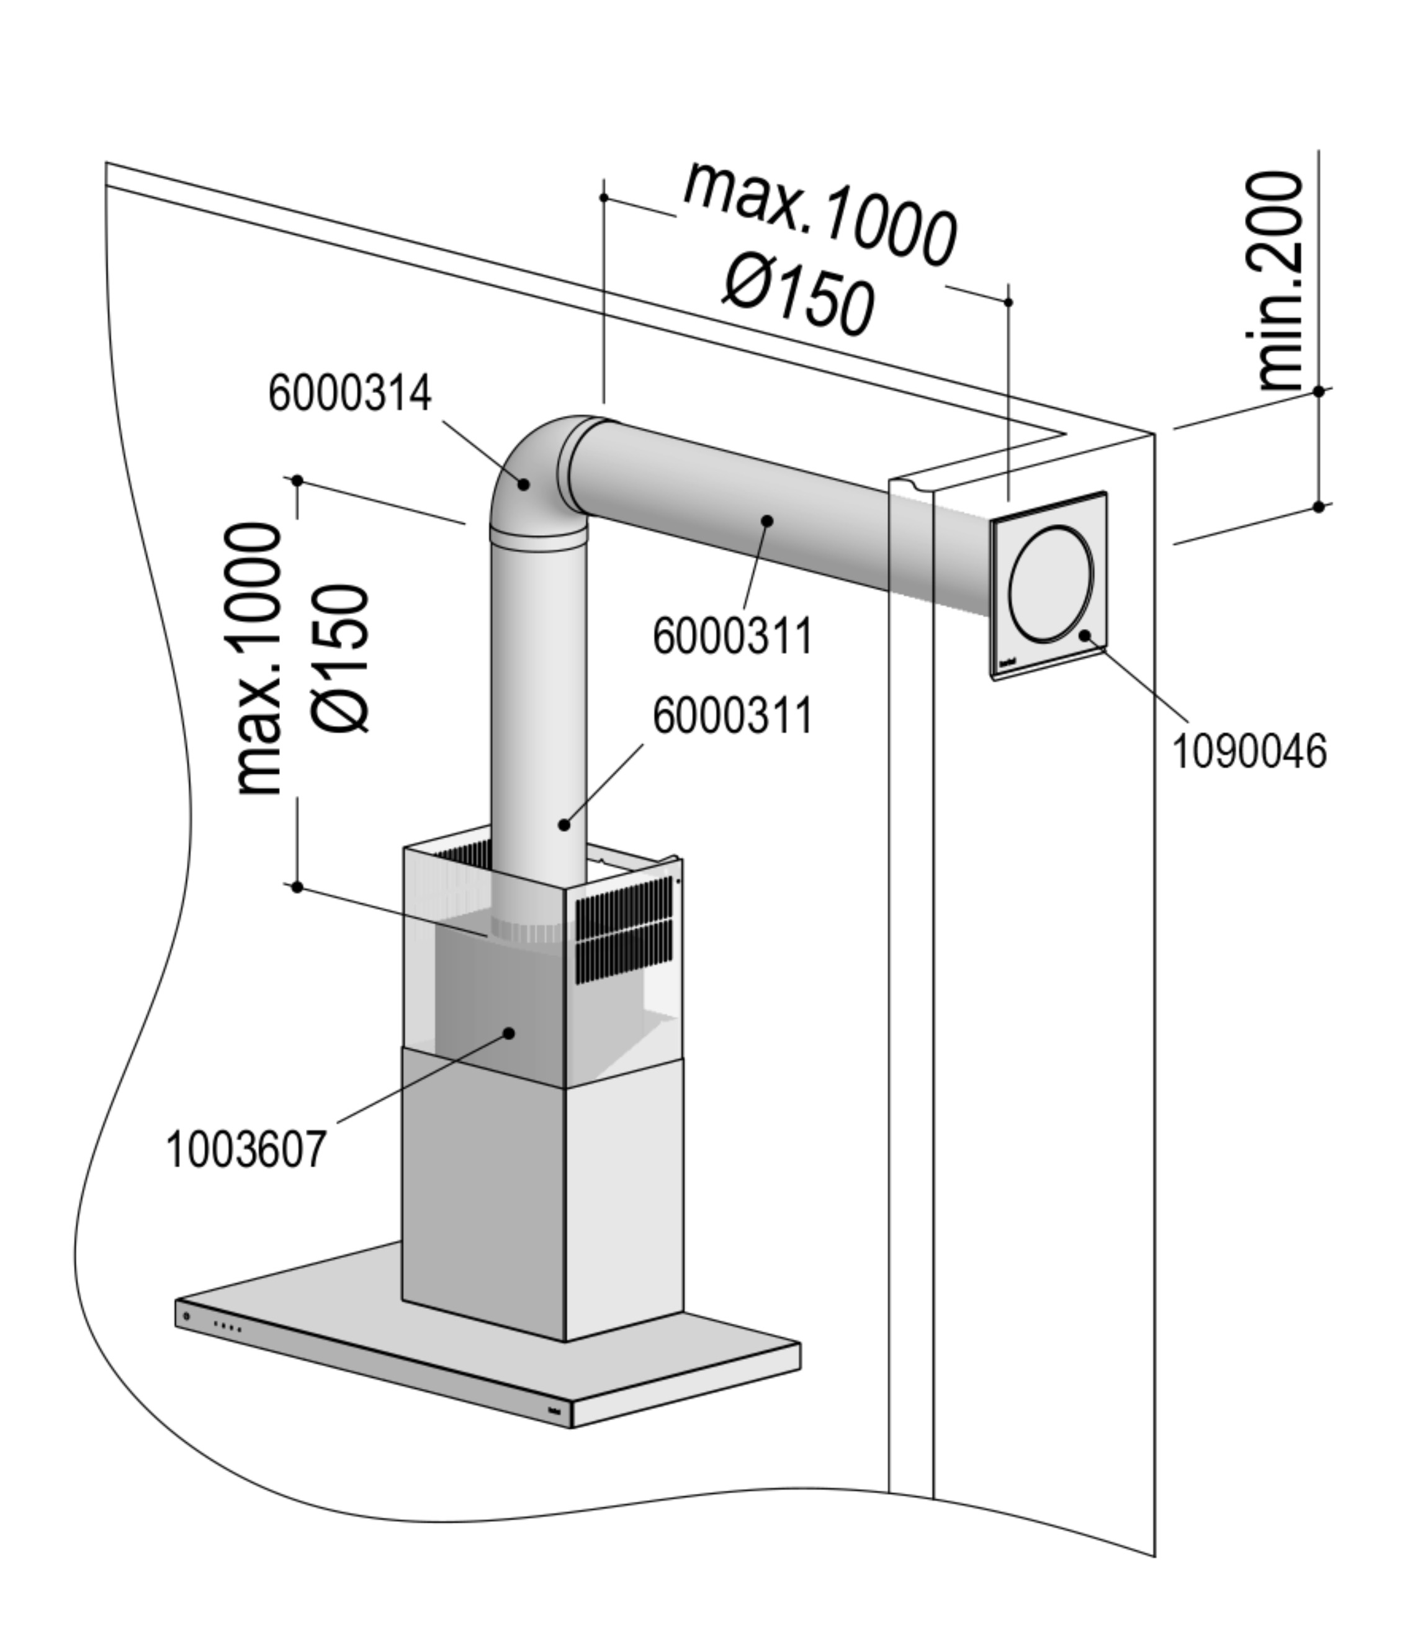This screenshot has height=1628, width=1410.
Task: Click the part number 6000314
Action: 349,394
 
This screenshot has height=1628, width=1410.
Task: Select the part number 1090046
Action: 1249,751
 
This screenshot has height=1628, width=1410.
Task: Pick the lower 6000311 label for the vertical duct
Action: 732,717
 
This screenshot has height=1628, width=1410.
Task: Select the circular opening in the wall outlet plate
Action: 1051,582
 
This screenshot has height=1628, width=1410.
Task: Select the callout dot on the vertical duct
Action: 564,824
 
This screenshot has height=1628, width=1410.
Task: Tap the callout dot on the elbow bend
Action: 523,484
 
